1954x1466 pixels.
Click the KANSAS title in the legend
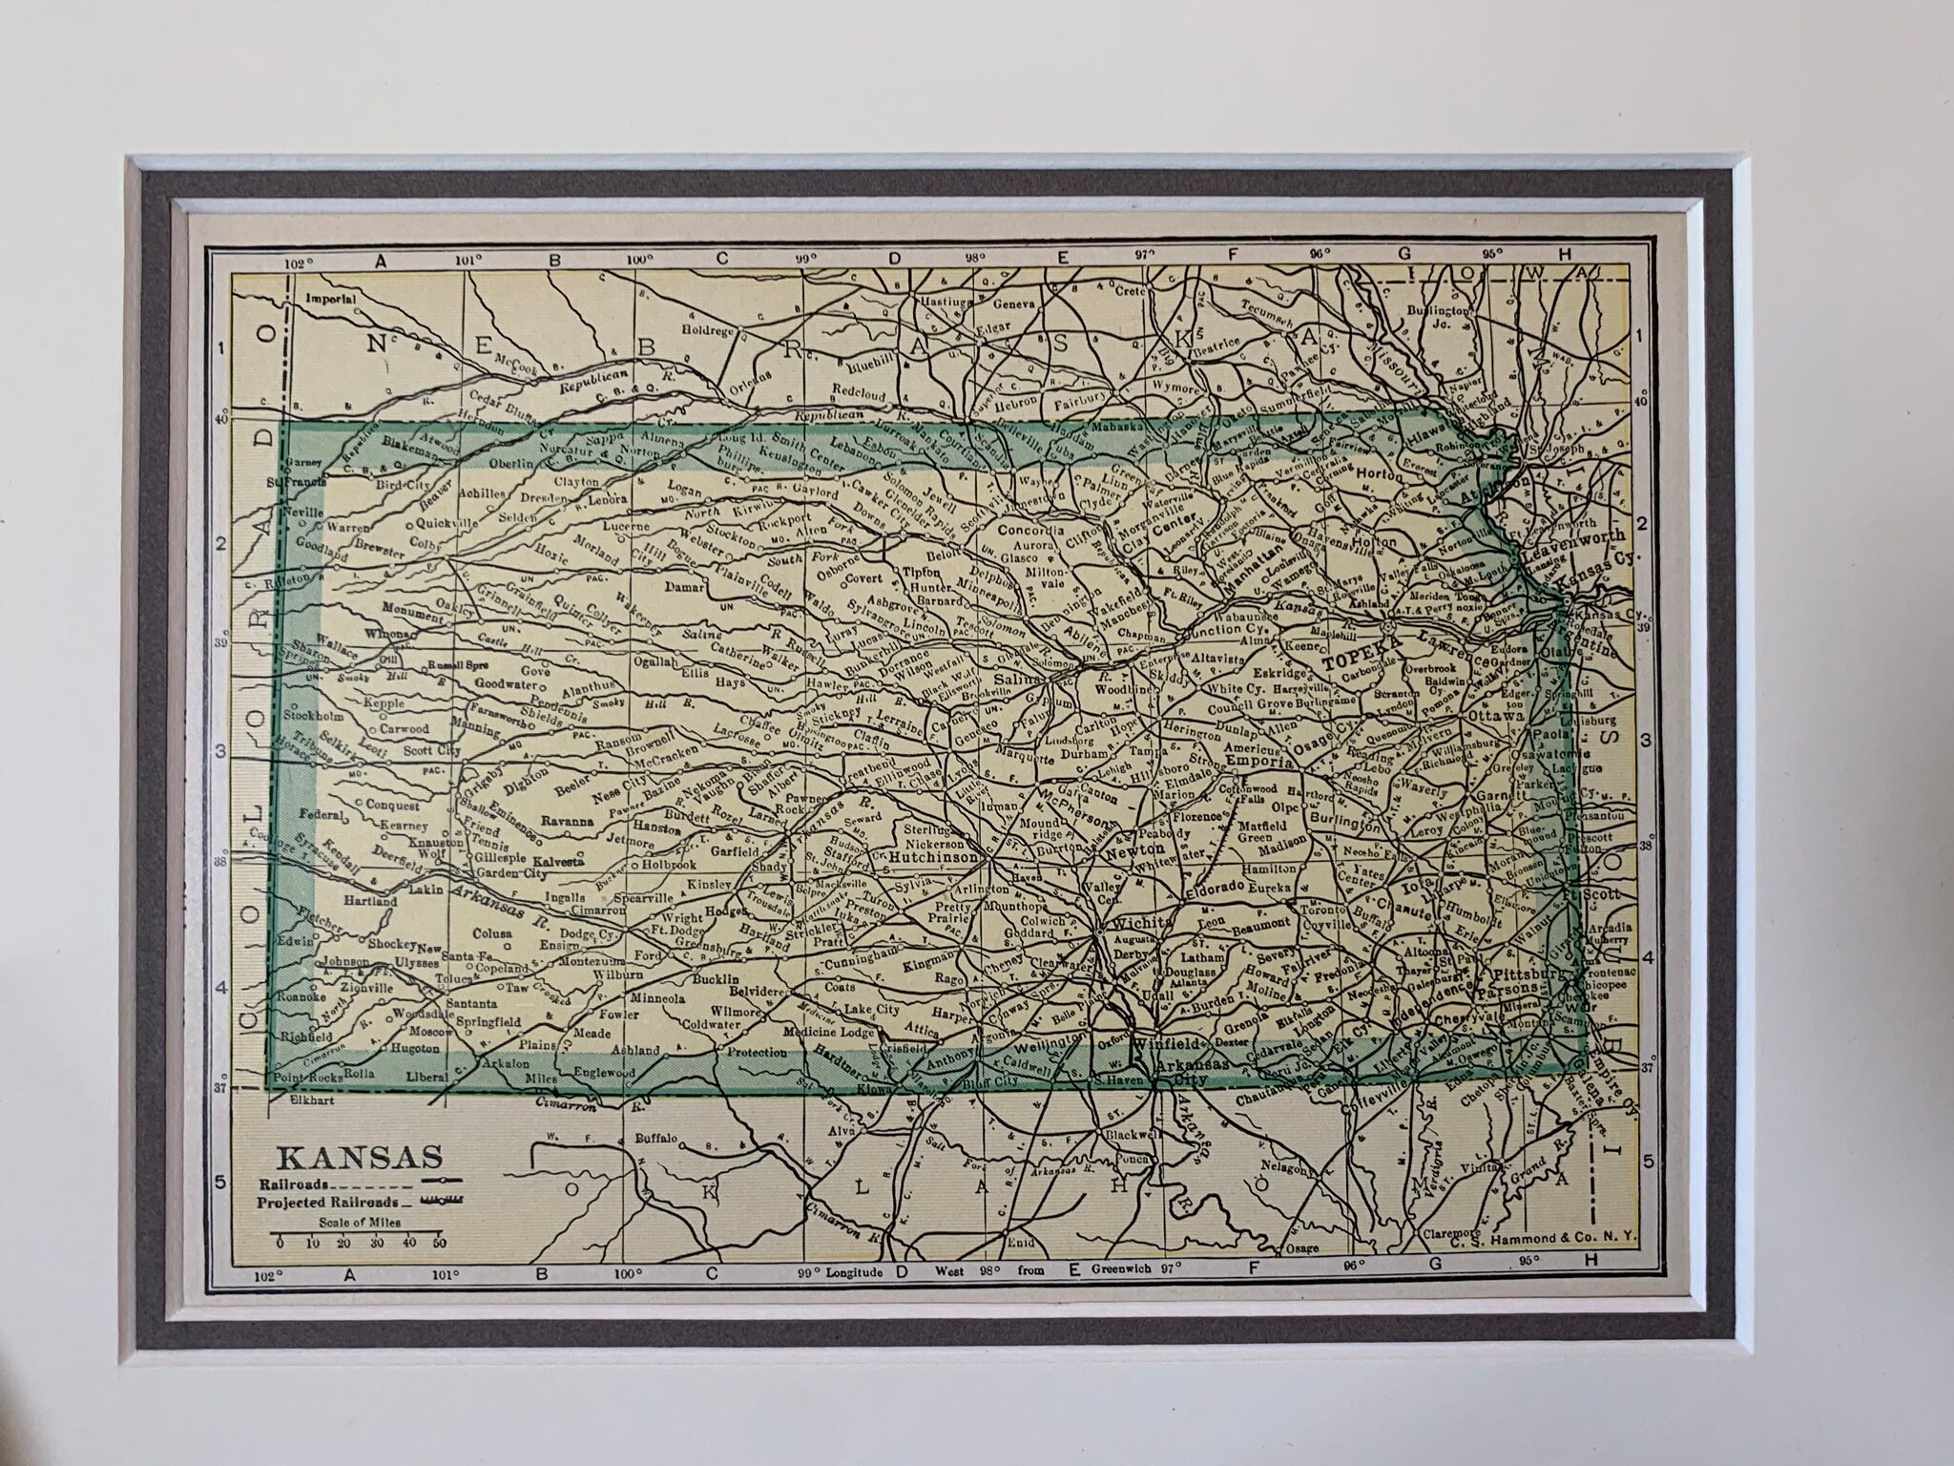coord(360,1157)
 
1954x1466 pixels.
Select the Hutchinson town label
coord(933,858)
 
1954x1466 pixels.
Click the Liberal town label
coord(427,1077)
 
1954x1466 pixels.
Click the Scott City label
coord(431,751)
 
